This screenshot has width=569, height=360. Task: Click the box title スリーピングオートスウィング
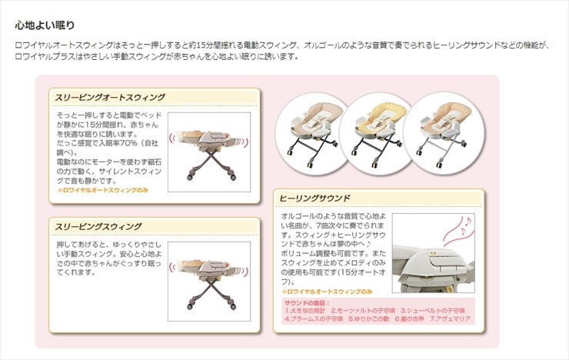click(110, 97)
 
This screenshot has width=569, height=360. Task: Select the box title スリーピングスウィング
click(98, 226)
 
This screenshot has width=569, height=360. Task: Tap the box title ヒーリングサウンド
click(317, 198)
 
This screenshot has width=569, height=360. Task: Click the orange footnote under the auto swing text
click(102, 189)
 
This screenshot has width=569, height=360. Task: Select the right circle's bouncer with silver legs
click(435, 127)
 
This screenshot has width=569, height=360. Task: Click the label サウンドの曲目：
click(308, 303)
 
